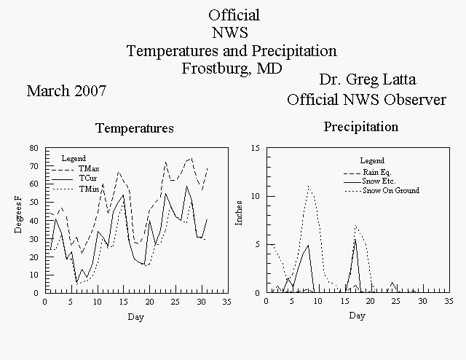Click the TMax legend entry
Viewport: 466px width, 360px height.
76,169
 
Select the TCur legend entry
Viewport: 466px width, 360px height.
74,179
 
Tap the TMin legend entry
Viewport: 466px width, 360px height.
76,189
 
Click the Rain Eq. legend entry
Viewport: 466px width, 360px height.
368,173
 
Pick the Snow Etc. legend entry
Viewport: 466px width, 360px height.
370,181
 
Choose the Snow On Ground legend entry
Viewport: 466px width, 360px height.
382,190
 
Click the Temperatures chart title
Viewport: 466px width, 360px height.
135,128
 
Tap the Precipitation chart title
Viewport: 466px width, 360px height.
361,127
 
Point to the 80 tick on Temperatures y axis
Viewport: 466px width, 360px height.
34,148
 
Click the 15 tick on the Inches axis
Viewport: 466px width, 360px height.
256,148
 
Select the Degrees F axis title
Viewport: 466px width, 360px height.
18,214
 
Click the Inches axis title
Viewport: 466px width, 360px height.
239,213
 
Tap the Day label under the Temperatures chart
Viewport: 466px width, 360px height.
136,317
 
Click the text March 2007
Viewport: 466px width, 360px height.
66,91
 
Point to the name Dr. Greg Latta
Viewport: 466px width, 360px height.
368,79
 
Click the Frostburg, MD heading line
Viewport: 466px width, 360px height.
232,69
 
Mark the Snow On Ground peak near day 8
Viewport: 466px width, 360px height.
309,186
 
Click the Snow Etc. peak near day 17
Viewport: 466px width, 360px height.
355,240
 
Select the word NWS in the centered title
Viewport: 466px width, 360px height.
230,33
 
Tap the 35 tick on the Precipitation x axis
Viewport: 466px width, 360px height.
449,302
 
